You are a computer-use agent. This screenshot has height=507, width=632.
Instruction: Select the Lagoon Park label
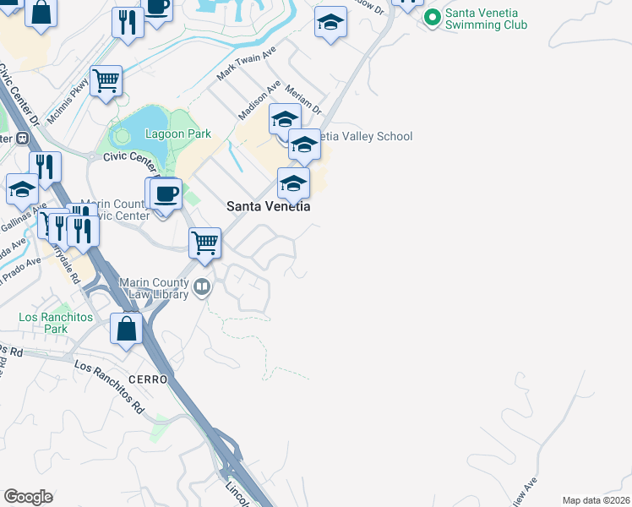click(177, 134)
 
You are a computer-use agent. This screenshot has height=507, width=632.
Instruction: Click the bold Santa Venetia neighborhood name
click(268, 206)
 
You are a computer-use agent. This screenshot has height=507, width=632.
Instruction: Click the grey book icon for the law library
click(202, 287)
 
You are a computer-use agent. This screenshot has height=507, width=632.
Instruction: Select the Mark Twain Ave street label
click(246, 64)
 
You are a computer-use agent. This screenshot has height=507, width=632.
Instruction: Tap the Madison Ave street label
click(259, 101)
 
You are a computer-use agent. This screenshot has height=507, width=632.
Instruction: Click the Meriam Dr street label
click(303, 99)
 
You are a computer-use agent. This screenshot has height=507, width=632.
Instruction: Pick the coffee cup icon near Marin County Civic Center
click(166, 194)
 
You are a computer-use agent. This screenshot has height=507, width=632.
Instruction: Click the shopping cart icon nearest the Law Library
click(205, 243)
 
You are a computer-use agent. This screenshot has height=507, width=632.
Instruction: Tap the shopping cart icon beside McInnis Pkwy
click(106, 81)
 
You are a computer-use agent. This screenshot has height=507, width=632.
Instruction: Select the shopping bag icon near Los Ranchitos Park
click(127, 329)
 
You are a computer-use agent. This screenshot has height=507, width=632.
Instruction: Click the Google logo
click(28, 497)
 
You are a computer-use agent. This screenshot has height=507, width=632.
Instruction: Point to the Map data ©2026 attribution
click(596, 500)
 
